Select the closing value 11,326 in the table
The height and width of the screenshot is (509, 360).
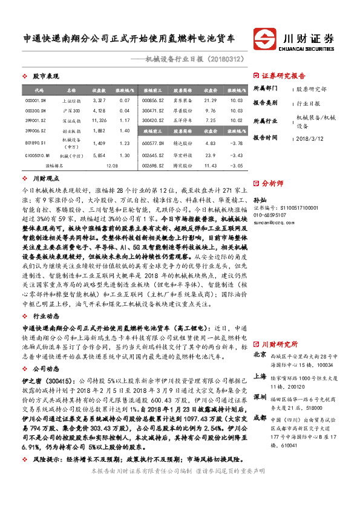(x=99, y=120)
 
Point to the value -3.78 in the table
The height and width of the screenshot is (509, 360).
(x=237, y=143)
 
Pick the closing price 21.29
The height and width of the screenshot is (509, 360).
(x=210, y=100)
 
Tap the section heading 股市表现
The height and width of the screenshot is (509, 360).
(x=45, y=77)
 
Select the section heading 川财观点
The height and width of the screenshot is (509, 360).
(x=45, y=178)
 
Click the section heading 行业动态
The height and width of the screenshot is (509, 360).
(x=45, y=315)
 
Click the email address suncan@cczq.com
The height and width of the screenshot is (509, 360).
(x=272, y=222)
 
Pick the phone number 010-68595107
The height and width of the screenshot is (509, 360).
(x=270, y=215)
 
